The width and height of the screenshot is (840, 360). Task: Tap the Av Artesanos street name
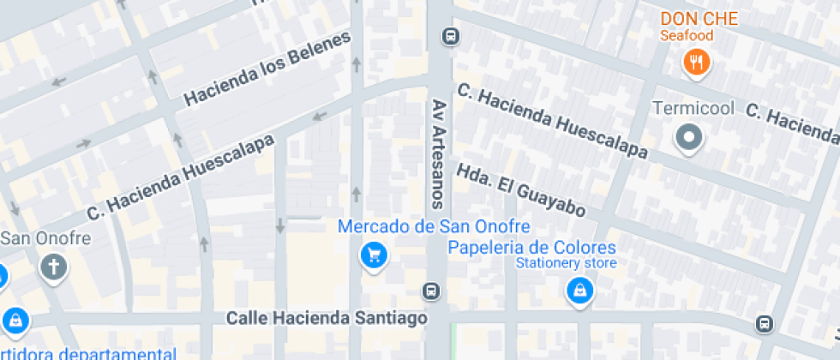click(x=438, y=153)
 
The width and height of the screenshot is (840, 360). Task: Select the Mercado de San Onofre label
click(x=434, y=227)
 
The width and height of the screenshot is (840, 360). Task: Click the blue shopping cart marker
click(x=374, y=255)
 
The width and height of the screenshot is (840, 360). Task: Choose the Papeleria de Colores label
click(x=531, y=247)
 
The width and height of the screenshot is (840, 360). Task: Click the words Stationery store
click(x=565, y=263)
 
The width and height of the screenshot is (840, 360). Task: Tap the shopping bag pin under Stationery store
click(x=580, y=291)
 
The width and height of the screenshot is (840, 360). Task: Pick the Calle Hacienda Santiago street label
click(x=327, y=318)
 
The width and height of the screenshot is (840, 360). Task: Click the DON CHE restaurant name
click(x=699, y=18)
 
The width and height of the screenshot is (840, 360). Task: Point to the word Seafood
click(x=686, y=36)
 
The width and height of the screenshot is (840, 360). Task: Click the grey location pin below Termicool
click(x=689, y=137)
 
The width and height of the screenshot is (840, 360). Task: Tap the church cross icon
click(x=53, y=267)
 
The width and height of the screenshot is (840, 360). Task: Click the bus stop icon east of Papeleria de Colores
click(x=764, y=324)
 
